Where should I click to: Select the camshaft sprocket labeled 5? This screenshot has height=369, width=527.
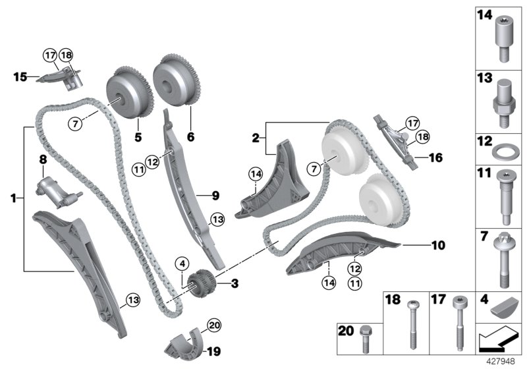coord(126,94)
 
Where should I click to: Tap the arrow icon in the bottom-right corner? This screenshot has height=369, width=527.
coord(497,342)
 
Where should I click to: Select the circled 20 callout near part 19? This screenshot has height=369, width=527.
coord(213,324)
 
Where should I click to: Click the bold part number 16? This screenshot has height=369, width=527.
coord(436,158)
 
